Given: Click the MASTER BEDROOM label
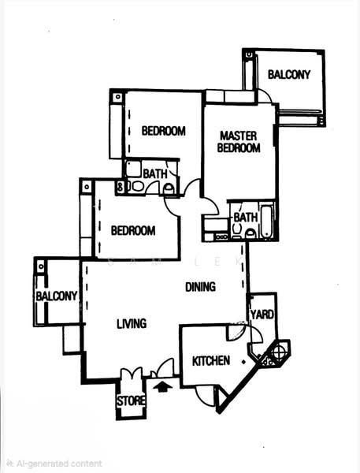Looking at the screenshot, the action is point(239,142).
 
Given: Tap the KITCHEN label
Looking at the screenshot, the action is point(211,361).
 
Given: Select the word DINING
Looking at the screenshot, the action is point(201,287).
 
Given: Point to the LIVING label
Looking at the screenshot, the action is point(132,324).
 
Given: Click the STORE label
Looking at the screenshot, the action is point(131,401).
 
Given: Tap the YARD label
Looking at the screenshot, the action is point(262,315).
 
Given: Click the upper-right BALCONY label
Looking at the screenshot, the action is point(289,75).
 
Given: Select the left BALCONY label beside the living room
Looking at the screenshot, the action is point(57,296).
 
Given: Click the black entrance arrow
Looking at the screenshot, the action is point(163,386).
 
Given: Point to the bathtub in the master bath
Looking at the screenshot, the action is point(267,222).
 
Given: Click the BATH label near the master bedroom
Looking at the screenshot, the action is point(246,218).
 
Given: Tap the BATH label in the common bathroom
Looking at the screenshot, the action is point(155,174).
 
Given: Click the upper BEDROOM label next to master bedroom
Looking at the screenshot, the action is point(164,131).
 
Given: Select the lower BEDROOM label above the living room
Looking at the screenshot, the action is point(133,231).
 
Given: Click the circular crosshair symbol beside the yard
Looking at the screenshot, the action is point(278,352).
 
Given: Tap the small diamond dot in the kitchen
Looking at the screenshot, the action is point(243,361).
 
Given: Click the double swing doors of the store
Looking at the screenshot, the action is point(132,374).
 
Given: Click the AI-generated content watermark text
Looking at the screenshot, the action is point(55,464).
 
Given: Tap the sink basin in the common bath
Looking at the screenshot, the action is point(137,186).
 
